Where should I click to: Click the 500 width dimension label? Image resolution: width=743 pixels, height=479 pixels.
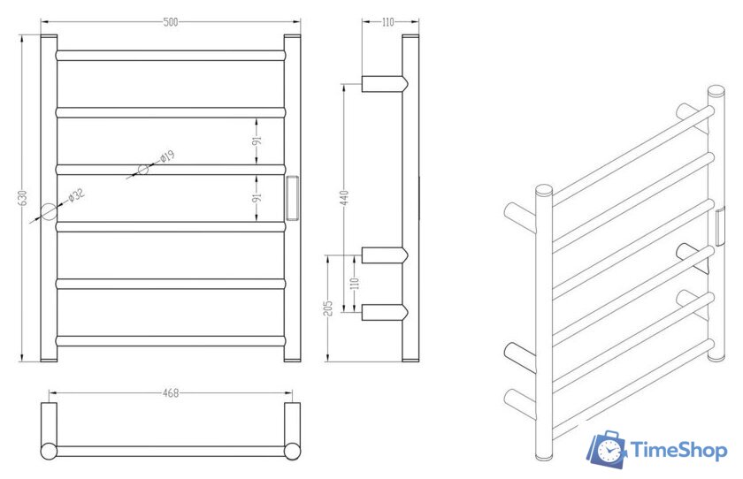click(x=171, y=22)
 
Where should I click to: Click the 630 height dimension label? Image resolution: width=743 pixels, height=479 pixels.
click(x=22, y=198)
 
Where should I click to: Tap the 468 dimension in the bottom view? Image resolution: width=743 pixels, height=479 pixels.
click(x=171, y=393)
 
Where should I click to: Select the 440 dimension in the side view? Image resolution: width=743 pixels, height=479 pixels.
click(x=344, y=197)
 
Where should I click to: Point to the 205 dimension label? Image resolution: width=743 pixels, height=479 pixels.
click(x=329, y=308)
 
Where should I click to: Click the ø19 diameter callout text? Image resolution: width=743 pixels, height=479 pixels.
click(x=167, y=156)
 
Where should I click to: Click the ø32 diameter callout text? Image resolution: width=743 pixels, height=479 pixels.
click(x=76, y=195)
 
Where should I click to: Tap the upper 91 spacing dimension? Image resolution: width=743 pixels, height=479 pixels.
click(x=257, y=141)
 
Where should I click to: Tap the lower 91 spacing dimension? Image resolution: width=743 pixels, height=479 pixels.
click(x=257, y=198)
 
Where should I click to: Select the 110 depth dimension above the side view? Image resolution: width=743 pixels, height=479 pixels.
click(x=387, y=22)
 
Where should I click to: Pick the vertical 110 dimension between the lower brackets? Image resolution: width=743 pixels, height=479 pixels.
click(x=355, y=283)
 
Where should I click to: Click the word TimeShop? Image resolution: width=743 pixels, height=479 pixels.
click(x=678, y=451)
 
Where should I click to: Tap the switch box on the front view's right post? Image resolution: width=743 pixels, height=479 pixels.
click(x=293, y=197)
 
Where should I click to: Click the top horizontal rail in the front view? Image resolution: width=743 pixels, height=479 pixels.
click(x=171, y=56)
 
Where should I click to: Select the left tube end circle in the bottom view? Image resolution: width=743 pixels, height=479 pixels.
click(x=50, y=451)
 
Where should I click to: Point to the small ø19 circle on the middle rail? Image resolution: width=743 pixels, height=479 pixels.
click(x=142, y=170)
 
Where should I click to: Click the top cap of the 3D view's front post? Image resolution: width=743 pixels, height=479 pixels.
click(x=544, y=190)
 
